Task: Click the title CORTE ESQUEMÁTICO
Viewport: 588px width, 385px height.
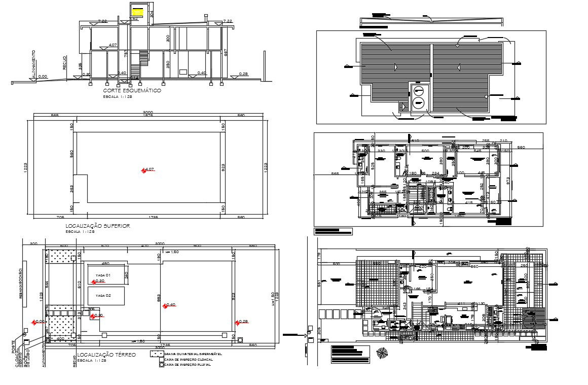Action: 132,91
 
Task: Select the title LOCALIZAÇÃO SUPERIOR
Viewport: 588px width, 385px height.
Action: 97,226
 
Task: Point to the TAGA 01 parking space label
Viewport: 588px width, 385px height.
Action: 103,274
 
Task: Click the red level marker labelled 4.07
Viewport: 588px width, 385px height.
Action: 143,170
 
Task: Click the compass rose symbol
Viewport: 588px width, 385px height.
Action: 381,352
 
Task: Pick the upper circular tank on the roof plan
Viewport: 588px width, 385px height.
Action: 419,92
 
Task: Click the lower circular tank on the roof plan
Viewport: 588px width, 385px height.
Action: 419,104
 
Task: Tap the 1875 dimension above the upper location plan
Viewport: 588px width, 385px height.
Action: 148,116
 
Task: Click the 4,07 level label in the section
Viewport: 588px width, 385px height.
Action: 113,45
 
